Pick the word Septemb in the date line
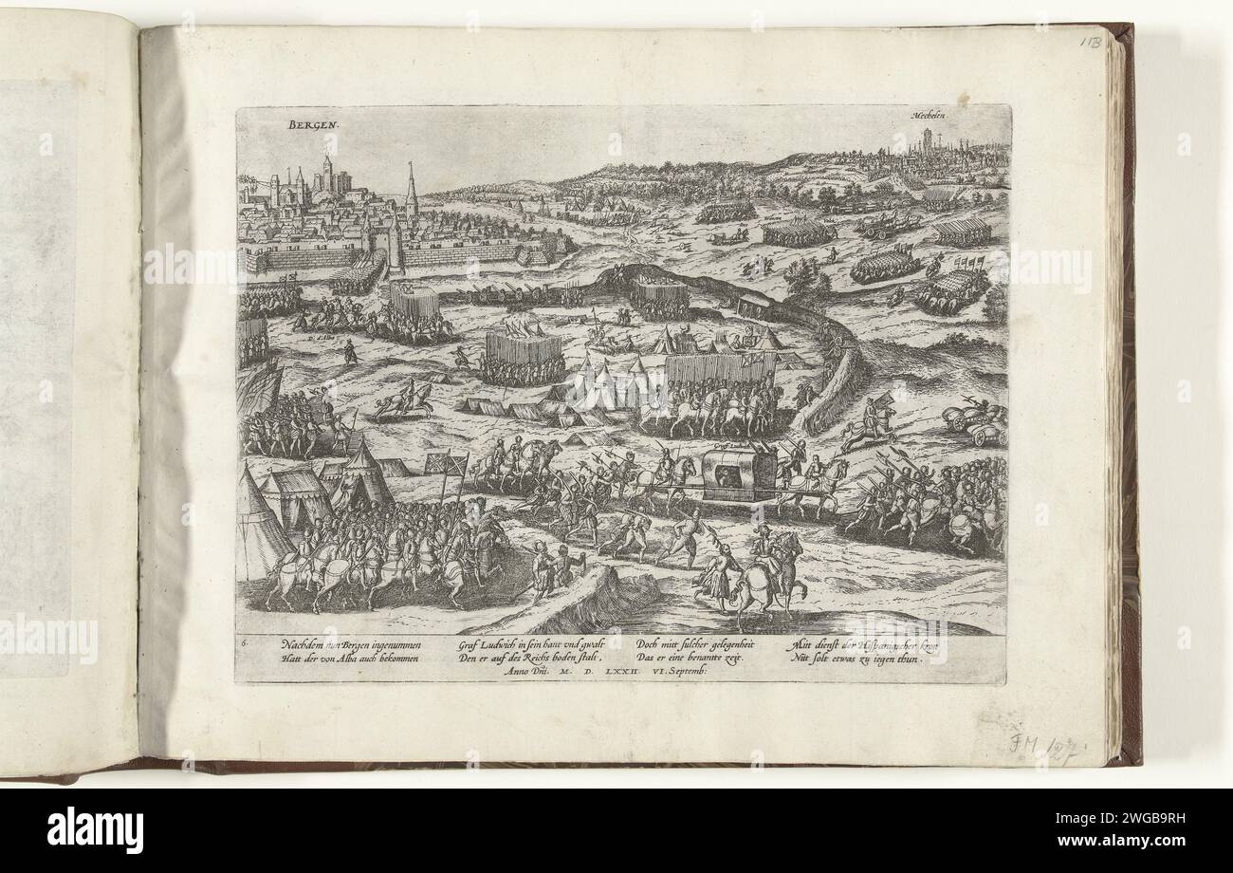point(705,671)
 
